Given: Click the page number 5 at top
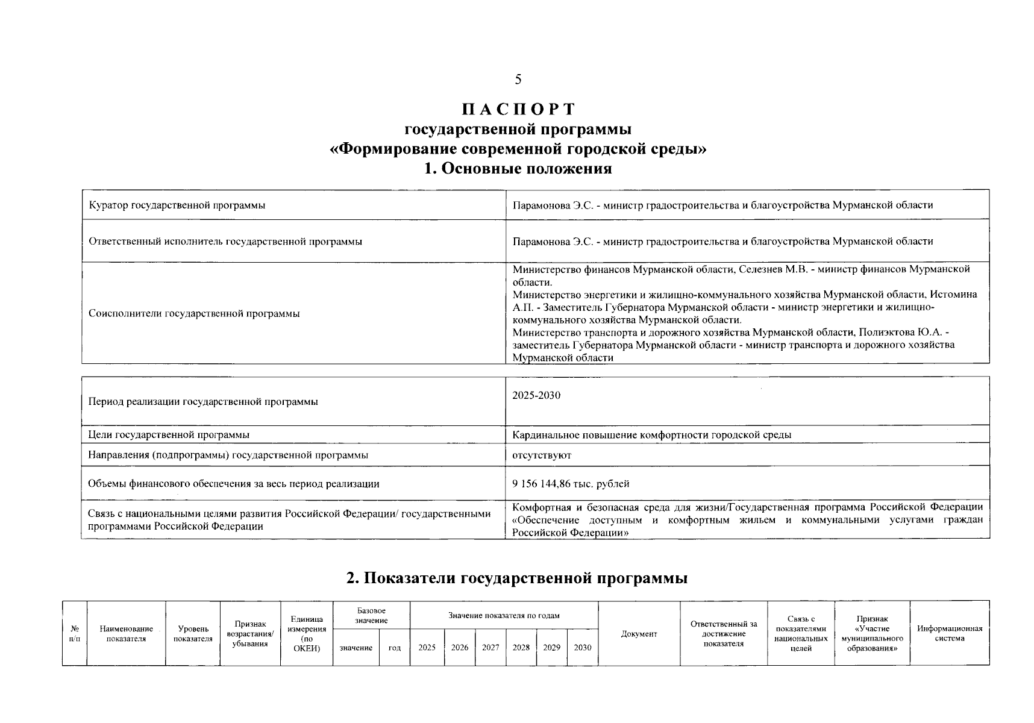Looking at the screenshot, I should point(518,80).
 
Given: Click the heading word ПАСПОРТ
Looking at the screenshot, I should point(518,110).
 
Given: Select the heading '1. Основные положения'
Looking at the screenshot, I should point(518,169).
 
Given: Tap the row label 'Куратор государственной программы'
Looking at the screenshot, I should point(177,205).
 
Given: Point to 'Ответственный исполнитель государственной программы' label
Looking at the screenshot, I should point(225,242).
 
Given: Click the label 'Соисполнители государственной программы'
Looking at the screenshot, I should point(194,313).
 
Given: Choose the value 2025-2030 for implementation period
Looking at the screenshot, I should point(536,396).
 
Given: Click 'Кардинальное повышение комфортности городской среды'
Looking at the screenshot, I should point(651,435).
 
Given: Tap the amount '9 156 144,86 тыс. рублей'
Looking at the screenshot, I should point(571,484).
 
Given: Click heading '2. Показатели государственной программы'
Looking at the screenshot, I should point(517,578).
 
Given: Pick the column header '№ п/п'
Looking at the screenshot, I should point(74,634).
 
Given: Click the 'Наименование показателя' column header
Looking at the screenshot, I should point(127,634).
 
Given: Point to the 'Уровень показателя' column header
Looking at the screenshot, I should point(193,634).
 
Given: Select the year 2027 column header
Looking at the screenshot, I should point(490,648).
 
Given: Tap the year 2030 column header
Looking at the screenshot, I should point(583,648).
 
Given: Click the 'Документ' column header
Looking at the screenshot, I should point(639,634).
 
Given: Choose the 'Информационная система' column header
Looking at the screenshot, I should point(949,633).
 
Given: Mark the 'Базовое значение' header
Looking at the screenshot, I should point(371,616).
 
